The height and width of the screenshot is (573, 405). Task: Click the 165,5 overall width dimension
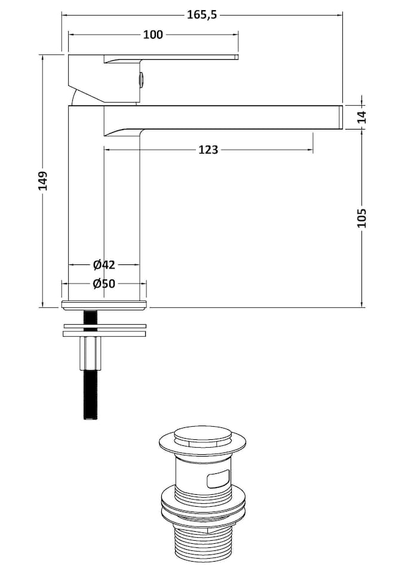pos(201,15)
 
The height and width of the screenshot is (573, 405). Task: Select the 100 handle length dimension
pos(153,35)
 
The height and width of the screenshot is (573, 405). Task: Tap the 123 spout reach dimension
pos(208,149)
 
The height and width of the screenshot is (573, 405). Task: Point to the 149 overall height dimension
pos(42,181)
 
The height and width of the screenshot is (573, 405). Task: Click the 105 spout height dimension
pos(362,218)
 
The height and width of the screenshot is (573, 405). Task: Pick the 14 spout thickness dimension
pos(362,116)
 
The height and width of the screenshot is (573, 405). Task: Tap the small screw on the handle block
pos(141,78)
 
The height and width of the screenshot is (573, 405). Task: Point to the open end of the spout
pos(340,116)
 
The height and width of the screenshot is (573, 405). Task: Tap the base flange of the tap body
pos(104,306)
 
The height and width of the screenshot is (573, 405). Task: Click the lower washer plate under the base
pos(104,334)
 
